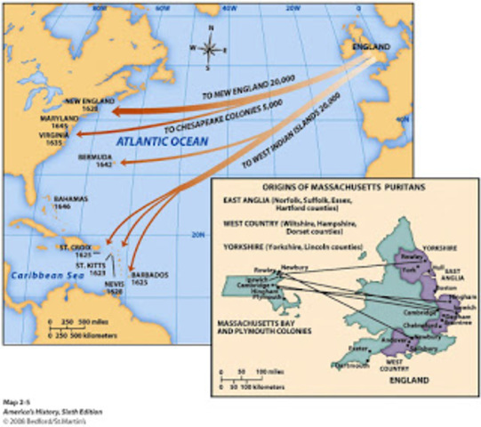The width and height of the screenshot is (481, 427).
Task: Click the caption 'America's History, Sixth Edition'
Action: pos(51,411)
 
